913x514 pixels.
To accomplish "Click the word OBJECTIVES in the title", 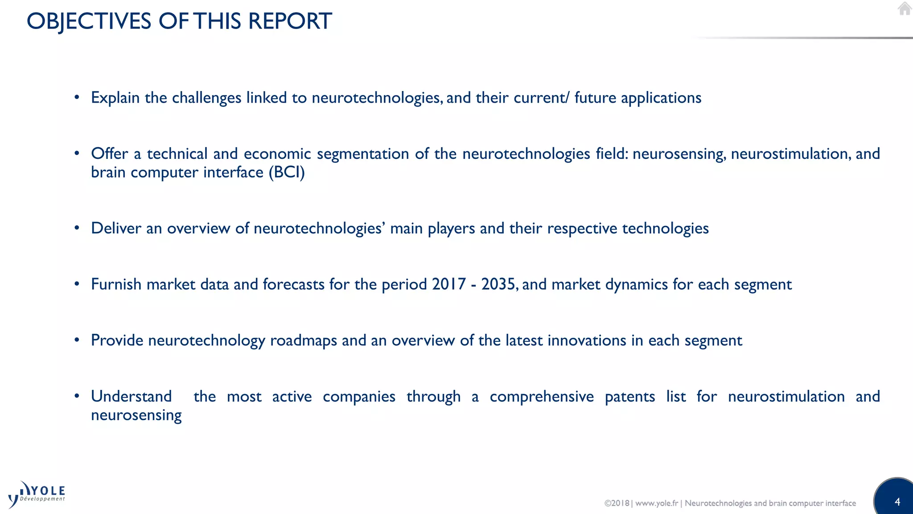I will pos(89,21).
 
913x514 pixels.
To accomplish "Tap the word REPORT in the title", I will pos(290,21).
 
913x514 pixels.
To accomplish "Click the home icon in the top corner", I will pos(905,8).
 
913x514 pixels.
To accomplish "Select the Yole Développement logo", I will pos(37,494).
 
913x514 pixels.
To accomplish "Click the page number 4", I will pos(897,502).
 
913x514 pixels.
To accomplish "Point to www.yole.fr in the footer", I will pos(656,503).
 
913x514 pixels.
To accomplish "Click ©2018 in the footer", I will pos(617,503).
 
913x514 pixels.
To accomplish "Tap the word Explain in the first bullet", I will pos(115,98).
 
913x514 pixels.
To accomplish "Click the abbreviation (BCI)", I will pos(287,173).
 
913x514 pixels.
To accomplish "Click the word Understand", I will pos(131,396).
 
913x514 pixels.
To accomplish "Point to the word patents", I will pos(629,396).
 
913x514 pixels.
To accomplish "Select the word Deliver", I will pos(116,228).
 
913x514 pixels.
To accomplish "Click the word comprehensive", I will pos(541,396).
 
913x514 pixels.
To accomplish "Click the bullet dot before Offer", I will pos(77,153).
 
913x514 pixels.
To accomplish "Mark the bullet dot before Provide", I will pos(77,340).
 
